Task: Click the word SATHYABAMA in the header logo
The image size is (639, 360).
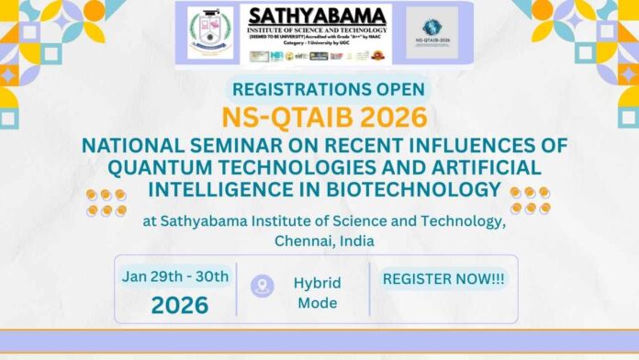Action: pyautogui.click(x=319, y=17)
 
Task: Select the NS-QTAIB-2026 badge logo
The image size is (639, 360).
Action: pyautogui.click(x=431, y=34)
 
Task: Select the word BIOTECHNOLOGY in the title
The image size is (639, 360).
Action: pyautogui.click(x=403, y=190)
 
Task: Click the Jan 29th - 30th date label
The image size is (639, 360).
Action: pyautogui.click(x=175, y=276)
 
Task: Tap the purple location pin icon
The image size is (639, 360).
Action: pyautogui.click(x=263, y=285)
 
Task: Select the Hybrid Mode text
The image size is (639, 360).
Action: pyautogui.click(x=318, y=292)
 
